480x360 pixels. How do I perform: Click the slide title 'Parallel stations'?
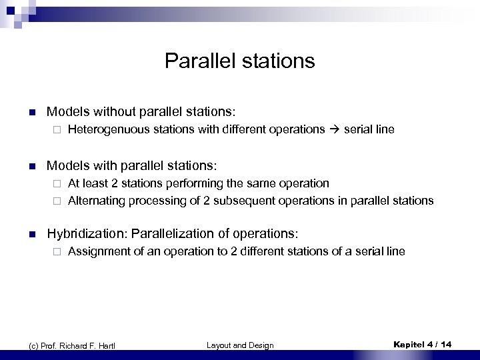(x=239, y=61)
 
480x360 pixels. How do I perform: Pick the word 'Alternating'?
(x=93, y=200)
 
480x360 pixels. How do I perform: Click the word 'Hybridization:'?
(x=87, y=233)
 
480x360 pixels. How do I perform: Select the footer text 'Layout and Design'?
(x=240, y=345)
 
